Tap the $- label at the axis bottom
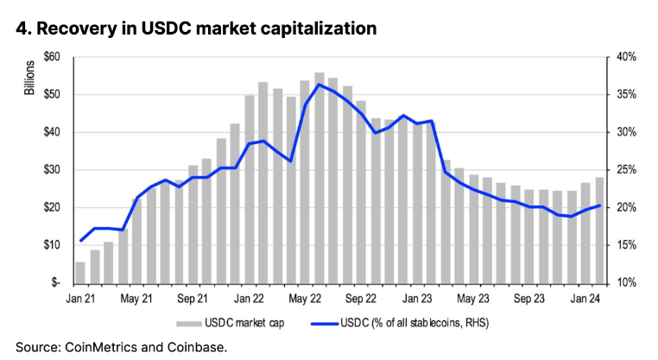click(x=54, y=283)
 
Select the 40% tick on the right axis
click(x=625, y=57)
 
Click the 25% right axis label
click(x=625, y=170)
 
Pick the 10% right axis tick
click(x=625, y=283)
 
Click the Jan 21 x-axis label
click(x=80, y=299)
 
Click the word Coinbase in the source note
click(x=199, y=347)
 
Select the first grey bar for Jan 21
click(x=80, y=272)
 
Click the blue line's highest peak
click(x=320, y=84)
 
